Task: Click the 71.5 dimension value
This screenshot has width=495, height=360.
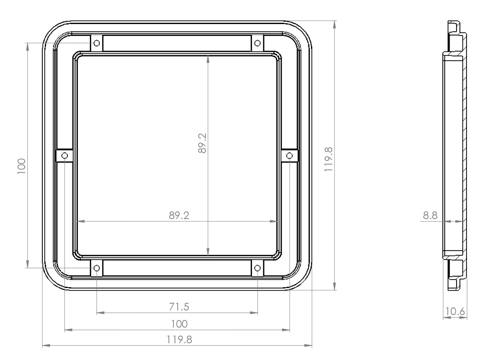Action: (179, 306)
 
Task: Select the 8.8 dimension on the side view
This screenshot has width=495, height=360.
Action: (430, 216)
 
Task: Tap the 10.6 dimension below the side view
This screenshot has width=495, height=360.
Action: (455, 312)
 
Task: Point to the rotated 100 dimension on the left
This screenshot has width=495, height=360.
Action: (21, 166)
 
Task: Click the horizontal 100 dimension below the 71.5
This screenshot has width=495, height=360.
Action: (179, 324)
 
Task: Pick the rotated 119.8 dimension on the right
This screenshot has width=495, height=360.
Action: (329, 159)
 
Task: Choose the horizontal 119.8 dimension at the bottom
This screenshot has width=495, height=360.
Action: (179, 339)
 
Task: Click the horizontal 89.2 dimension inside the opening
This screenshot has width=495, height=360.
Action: (179, 215)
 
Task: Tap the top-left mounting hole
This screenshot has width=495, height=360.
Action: (97, 42)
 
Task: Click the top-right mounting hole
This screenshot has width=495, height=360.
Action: (258, 42)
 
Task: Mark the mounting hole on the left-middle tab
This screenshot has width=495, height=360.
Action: (64, 155)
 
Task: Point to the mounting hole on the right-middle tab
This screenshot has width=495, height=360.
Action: (290, 155)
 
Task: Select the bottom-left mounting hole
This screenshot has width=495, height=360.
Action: (97, 268)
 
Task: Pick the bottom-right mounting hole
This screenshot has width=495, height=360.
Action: (258, 268)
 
